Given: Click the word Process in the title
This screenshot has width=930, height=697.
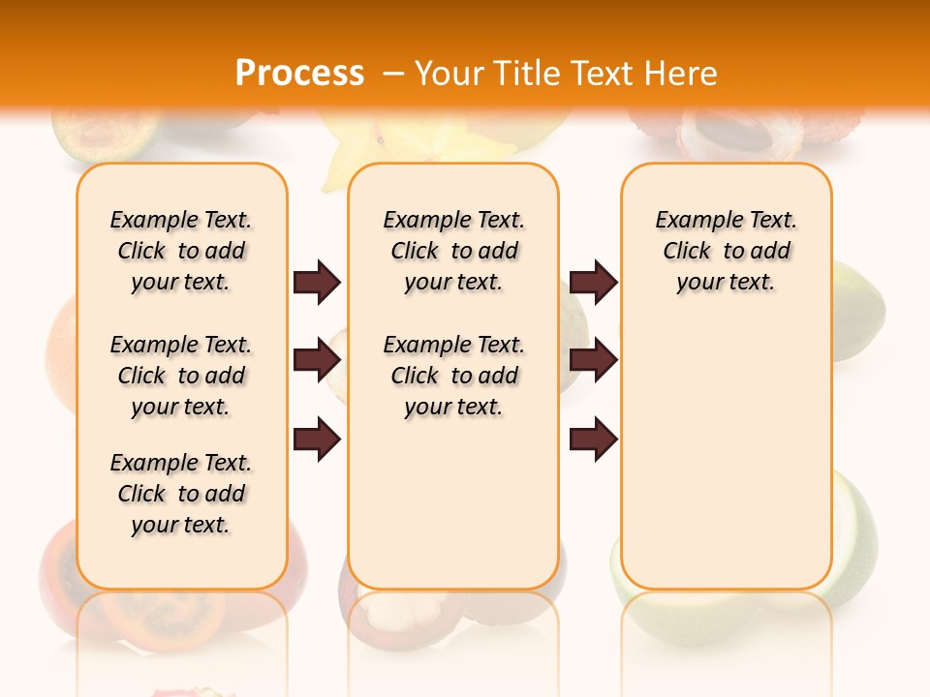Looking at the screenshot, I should click(x=299, y=73).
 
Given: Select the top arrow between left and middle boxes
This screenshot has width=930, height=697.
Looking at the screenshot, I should click(x=317, y=283).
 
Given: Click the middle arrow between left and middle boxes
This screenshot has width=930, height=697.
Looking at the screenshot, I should click(x=317, y=360).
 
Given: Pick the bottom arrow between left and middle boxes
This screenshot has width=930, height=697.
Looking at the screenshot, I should click(x=317, y=439).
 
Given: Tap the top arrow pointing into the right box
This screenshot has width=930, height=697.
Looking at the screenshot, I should click(x=593, y=283).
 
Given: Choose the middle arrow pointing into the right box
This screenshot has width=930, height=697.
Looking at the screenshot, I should click(x=593, y=360).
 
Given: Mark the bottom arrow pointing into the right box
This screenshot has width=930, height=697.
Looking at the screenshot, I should click(x=593, y=439).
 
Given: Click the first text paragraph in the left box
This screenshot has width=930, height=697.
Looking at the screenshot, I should click(x=181, y=251).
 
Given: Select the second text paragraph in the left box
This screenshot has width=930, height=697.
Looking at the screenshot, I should click(x=181, y=376).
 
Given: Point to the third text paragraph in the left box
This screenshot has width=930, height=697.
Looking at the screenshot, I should click(x=181, y=494).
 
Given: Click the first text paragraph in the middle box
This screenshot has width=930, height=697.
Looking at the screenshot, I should click(x=453, y=251).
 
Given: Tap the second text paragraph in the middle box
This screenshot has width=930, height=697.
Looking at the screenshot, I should click(x=453, y=376).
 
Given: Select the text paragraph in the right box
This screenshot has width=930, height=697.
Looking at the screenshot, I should click(x=726, y=251).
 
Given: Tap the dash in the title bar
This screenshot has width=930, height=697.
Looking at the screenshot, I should click(x=393, y=73).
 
